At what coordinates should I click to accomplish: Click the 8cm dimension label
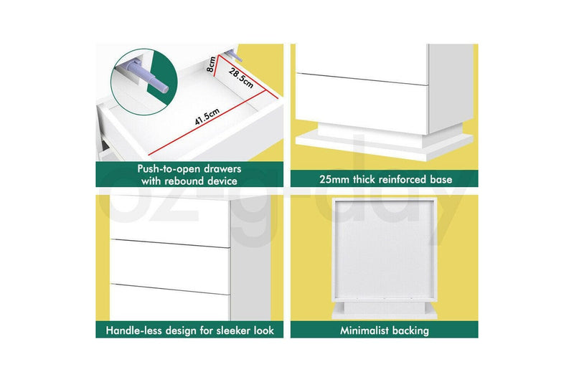click(x=211, y=65)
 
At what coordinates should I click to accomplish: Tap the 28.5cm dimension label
click(x=241, y=77)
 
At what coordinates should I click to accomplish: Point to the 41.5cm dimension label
click(x=207, y=117)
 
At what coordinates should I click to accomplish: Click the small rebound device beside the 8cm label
click(x=234, y=55)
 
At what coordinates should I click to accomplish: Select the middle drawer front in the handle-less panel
click(x=170, y=267)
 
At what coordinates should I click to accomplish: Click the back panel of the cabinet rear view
click(x=384, y=249)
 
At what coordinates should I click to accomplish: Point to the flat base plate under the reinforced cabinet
click(x=385, y=145)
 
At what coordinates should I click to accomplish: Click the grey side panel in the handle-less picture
click(x=250, y=259)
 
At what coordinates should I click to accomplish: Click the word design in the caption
click(x=182, y=331)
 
